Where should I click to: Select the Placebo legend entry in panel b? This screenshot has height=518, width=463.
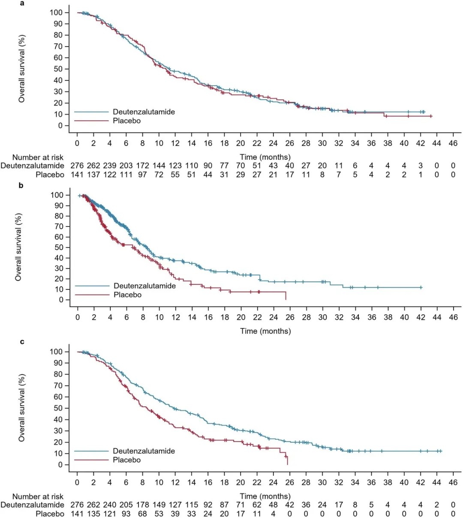pyautogui.click(x=127, y=295)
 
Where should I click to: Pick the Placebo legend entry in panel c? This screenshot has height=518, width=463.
pyautogui.click(x=126, y=460)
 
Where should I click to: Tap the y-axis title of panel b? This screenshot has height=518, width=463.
pyautogui.click(x=18, y=247)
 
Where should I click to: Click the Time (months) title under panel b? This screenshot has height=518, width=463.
pyautogui.click(x=265, y=331)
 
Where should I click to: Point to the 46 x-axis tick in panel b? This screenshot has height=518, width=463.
pyautogui.click(x=453, y=317)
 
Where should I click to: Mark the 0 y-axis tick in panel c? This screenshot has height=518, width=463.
pyautogui.click(x=61, y=465)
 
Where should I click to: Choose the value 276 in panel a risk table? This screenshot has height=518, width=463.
pyautogui.click(x=77, y=166)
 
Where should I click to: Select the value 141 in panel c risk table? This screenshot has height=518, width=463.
pyautogui.click(x=77, y=514)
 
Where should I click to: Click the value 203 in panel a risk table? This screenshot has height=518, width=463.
pyautogui.click(x=126, y=166)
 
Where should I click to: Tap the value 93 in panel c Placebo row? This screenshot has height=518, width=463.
pyautogui.click(x=126, y=514)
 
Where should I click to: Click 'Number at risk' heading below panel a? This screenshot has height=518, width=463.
pyautogui.click(x=38, y=158)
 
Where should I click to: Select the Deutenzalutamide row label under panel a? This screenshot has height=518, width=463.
pyautogui.click(x=33, y=166)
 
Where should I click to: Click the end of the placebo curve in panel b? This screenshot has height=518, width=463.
pyautogui.click(x=286, y=299)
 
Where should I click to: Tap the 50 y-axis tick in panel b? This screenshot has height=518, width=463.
pyautogui.click(x=59, y=247)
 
